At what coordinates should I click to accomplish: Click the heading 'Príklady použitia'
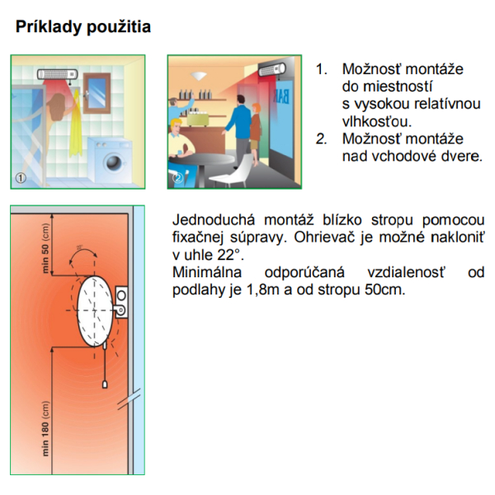coord(83,27)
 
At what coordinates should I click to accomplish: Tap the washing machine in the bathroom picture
coord(110,160)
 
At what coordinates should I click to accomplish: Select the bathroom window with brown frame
coord(97,92)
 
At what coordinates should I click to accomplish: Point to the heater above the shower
coord(58,74)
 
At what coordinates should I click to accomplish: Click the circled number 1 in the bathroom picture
coord(21,178)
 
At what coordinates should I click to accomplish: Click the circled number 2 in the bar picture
coord(177,178)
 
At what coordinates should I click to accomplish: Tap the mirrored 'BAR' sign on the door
coord(281,97)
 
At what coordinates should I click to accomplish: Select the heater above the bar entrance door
coord(271,70)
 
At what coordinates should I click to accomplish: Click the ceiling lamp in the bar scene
coord(199,75)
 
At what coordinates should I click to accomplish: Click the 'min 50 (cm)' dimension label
coord(45,248)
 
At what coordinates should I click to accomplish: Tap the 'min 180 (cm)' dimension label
coord(45,428)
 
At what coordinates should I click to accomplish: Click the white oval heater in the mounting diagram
coord(94,311)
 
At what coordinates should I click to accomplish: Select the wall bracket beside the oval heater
coord(121,302)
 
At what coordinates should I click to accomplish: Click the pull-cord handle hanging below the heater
coord(105,384)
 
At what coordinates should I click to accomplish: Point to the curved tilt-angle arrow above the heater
coord(82,252)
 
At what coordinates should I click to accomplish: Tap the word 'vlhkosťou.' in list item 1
coord(377,121)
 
